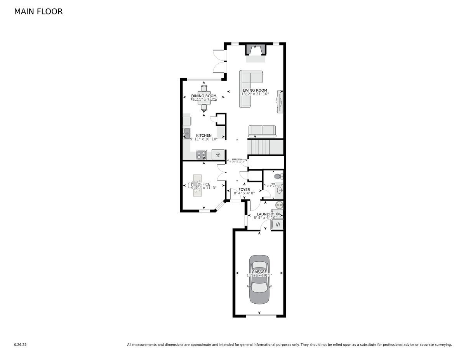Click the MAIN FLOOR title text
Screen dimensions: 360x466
point(38,12)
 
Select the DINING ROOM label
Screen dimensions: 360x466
point(204,96)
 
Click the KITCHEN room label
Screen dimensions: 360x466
point(204,136)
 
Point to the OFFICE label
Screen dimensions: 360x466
point(204,184)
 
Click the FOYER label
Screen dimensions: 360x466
point(244,190)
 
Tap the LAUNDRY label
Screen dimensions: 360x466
point(266,214)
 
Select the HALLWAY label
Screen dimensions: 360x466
point(237,159)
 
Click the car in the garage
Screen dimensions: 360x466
point(259,279)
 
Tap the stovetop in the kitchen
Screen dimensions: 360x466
point(201,155)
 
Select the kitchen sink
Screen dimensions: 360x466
point(187,134)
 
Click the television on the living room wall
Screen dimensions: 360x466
point(280,101)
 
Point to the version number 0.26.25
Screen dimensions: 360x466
point(20,344)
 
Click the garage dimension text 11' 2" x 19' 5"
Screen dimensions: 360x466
point(259,275)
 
